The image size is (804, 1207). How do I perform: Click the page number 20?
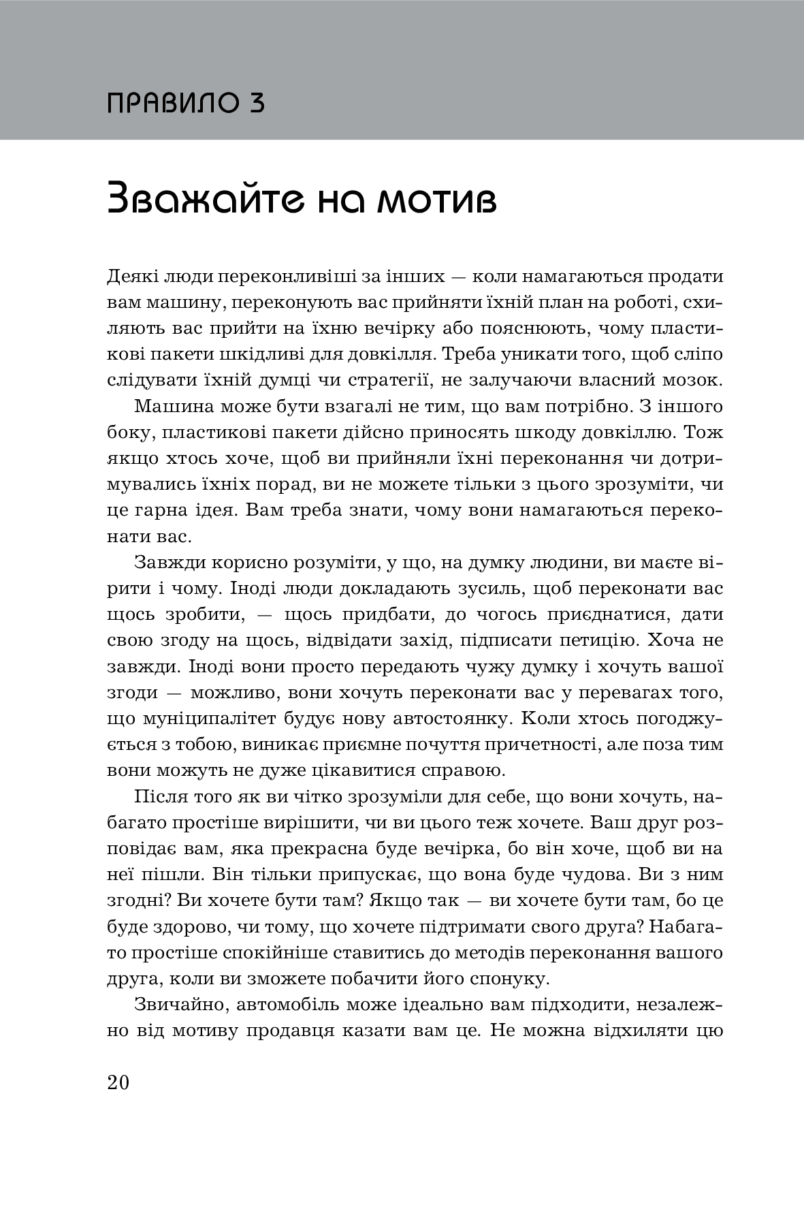pos(118,1082)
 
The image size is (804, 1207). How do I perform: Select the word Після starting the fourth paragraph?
pos(159,797)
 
